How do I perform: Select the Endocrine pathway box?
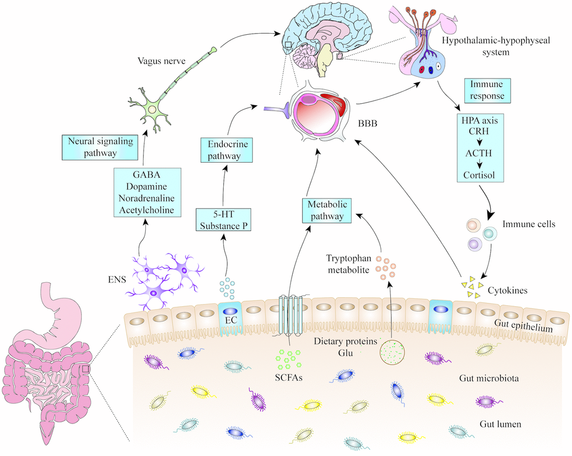[x=224, y=150]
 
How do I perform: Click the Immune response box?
[x=487, y=90]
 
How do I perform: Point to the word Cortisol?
[x=479, y=174]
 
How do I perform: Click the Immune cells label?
[x=528, y=224]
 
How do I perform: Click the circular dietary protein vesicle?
[x=392, y=353]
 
